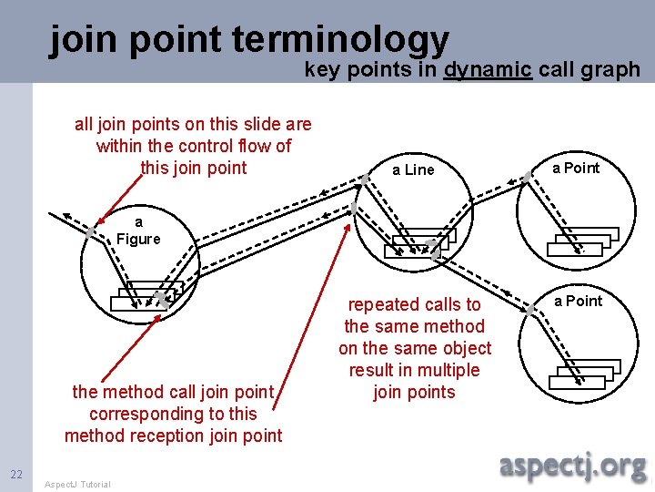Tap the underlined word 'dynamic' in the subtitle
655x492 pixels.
click(x=488, y=69)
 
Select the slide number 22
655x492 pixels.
click(x=16, y=473)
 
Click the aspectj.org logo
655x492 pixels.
click(x=573, y=466)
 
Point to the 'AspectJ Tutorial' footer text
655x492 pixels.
click(x=77, y=484)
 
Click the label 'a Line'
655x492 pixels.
click(x=413, y=169)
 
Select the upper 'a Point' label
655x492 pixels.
click(x=577, y=168)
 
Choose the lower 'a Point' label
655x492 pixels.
click(x=579, y=301)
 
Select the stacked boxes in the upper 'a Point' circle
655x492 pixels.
click(x=582, y=241)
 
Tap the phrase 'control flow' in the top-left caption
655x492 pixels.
click(x=225, y=146)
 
